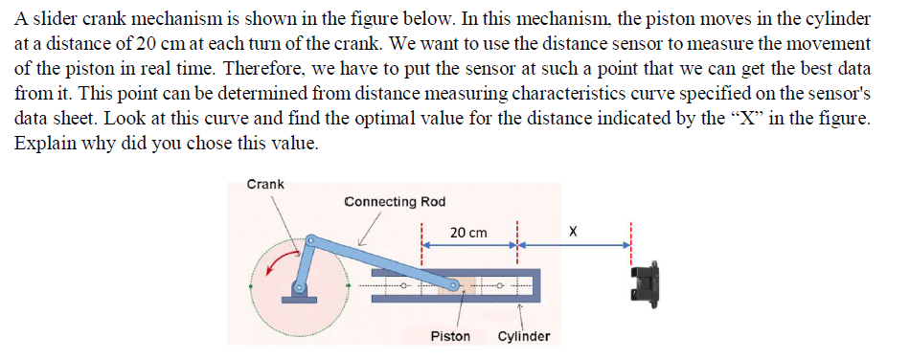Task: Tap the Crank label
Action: click(x=265, y=183)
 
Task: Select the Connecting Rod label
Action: click(x=395, y=201)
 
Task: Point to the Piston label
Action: click(x=450, y=337)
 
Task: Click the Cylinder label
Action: click(x=524, y=337)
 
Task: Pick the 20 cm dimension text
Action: click(x=468, y=233)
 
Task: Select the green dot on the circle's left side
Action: click(x=252, y=285)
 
